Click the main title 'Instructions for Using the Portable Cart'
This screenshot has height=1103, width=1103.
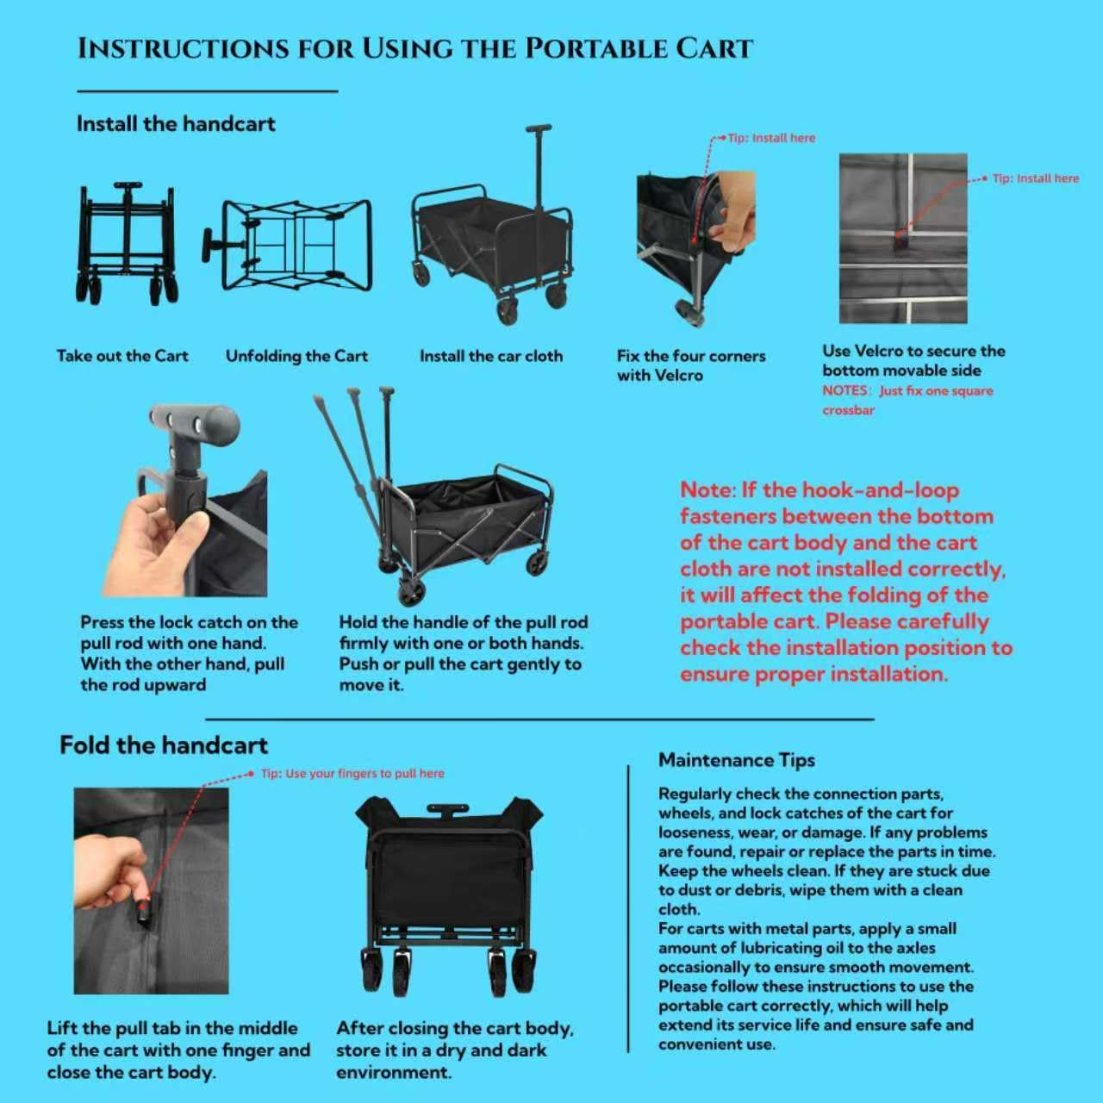click(x=415, y=48)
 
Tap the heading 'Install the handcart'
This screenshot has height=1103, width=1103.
click(x=176, y=123)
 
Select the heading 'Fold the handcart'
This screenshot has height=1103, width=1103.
click(x=164, y=745)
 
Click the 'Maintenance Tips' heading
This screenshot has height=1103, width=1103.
click(x=737, y=760)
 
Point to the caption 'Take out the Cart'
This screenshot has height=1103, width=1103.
click(x=122, y=356)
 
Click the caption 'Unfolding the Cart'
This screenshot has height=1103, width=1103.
click(x=296, y=356)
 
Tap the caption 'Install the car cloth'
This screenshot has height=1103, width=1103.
click(x=491, y=356)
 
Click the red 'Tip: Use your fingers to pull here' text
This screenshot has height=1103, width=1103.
click(x=352, y=773)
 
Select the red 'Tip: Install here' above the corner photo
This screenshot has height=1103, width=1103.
click(x=771, y=138)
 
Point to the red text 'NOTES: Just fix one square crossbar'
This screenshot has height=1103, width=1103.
click(x=907, y=400)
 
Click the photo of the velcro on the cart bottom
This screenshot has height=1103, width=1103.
click(x=903, y=238)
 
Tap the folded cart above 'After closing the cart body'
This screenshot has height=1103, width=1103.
click(x=450, y=896)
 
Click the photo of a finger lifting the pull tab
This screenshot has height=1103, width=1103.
click(x=151, y=891)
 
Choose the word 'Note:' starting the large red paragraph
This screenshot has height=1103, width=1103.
click(x=707, y=490)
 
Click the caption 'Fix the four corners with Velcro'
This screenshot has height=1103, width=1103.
click(x=691, y=365)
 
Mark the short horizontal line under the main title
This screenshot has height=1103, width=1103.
click(x=207, y=90)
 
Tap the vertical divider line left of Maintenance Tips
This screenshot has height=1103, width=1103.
click(x=628, y=908)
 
